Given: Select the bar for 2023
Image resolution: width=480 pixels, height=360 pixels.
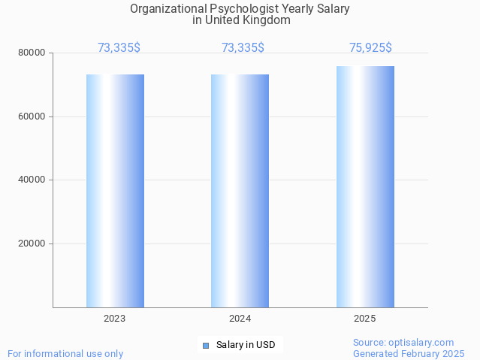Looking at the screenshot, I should click(115, 191).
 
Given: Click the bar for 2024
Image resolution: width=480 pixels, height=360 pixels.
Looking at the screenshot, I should click(240, 191).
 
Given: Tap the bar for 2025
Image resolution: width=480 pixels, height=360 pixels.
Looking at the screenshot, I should click(365, 186).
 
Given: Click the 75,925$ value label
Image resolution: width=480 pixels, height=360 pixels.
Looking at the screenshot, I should click(370, 48).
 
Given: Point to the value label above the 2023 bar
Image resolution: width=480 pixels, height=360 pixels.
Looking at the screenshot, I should click(119, 48).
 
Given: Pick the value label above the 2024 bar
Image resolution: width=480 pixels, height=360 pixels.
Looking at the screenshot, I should click(243, 48).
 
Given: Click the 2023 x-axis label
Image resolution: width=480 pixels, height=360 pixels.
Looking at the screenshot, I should click(115, 319).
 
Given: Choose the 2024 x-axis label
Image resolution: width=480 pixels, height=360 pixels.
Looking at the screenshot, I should click(240, 319).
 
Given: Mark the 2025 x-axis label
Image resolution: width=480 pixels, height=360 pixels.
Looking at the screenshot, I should click(365, 319).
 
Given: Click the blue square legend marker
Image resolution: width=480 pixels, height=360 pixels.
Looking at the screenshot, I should click(205, 346).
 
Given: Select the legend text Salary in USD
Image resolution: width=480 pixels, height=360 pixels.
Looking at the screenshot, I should click(246, 346).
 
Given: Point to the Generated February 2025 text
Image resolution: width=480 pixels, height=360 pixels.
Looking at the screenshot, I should click(409, 353).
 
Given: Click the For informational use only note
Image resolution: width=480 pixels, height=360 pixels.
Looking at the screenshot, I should click(65, 353).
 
